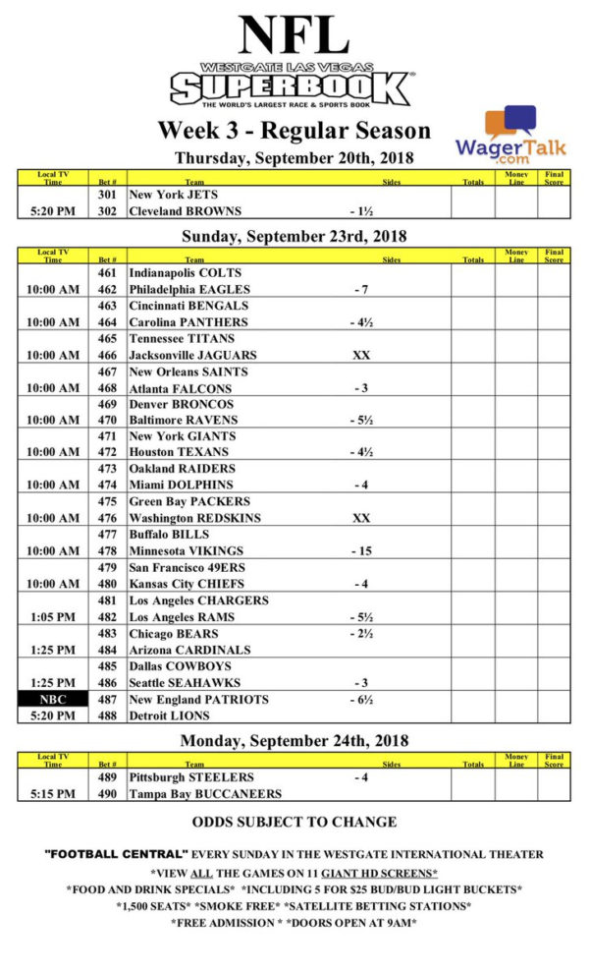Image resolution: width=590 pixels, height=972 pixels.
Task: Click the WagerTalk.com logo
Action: pyautogui.click(x=496, y=135)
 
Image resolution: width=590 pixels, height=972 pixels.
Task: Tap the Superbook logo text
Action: pyautogui.click(x=292, y=89)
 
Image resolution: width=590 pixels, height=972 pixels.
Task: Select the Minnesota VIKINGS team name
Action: pyautogui.click(x=187, y=550)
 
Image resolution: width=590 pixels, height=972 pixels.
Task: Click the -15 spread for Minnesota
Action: pyautogui.click(x=361, y=550)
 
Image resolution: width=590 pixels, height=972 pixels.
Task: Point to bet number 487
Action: pyautogui.click(x=107, y=699)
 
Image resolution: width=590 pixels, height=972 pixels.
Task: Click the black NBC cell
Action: pyautogui.click(x=53, y=699)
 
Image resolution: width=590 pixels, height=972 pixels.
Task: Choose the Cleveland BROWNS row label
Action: pyautogui.click(x=186, y=210)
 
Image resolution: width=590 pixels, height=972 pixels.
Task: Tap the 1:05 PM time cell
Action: pyautogui.click(x=53, y=616)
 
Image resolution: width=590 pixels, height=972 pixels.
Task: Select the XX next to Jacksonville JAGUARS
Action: pyautogui.click(x=361, y=355)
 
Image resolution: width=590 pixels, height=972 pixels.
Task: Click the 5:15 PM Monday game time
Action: pyautogui.click(x=53, y=793)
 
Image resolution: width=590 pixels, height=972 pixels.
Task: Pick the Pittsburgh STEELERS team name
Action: pyautogui.click(x=191, y=777)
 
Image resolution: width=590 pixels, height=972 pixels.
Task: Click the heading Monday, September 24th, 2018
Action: pyautogui.click(x=295, y=740)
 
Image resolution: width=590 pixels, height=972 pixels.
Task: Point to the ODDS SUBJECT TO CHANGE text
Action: pyautogui.click(x=295, y=822)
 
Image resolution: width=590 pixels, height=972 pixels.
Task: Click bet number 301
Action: pyautogui.click(x=107, y=195)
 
